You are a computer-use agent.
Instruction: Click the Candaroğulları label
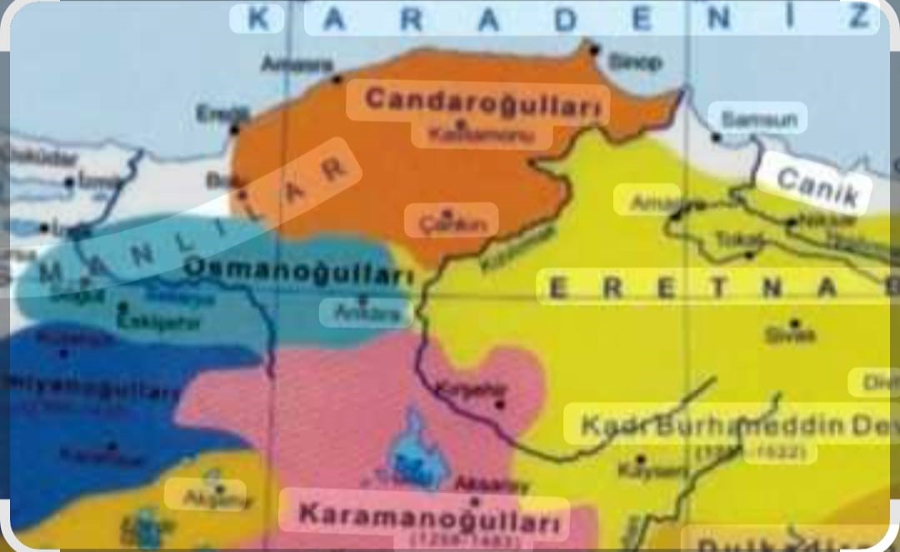click(482, 101)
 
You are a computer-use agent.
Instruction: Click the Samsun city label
click(758, 119)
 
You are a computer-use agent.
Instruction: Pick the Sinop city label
click(635, 62)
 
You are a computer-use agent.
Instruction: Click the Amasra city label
click(297, 64)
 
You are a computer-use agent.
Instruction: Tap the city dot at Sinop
click(594, 50)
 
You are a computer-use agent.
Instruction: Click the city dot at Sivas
click(795, 323)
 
